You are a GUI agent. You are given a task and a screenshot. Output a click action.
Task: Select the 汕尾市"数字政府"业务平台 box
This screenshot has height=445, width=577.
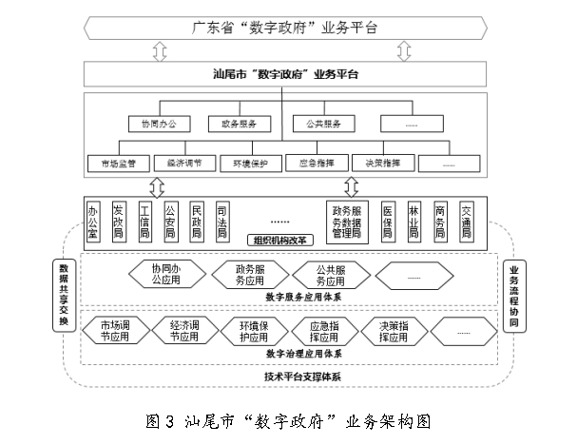(286, 73)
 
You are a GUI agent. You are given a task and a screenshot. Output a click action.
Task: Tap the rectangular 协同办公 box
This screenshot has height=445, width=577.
(160, 124)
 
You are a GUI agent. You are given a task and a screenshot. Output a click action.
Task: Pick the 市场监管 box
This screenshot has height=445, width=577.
(118, 162)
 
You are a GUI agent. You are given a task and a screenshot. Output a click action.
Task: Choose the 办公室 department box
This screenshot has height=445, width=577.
(93, 220)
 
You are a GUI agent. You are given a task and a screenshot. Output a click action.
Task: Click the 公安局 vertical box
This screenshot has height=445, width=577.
(170, 220)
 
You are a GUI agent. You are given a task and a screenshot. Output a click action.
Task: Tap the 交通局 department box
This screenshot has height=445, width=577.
(466, 220)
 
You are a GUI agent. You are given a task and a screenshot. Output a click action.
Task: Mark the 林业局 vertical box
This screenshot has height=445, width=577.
(414, 220)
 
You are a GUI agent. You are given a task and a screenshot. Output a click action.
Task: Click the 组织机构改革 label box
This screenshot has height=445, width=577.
(278, 240)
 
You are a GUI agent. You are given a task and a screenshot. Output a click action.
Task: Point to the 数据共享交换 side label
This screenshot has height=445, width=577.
(64, 296)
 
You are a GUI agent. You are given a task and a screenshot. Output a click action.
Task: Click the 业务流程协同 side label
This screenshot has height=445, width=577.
(514, 296)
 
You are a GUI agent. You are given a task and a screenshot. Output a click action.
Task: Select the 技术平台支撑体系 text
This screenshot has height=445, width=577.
(291, 377)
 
